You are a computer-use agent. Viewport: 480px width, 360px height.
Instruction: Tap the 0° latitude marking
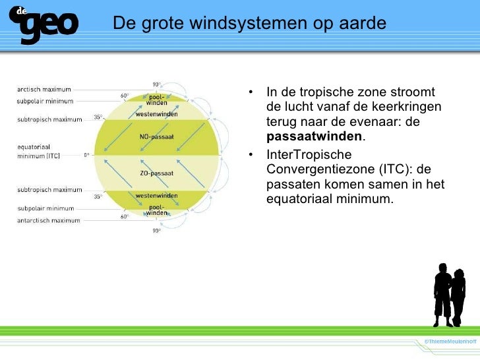coord(86,156)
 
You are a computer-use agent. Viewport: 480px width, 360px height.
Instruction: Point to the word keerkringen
coord(408,107)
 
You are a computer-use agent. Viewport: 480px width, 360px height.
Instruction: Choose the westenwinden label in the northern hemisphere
coord(156,114)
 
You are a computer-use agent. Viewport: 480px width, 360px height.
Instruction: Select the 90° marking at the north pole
coord(156,84)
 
